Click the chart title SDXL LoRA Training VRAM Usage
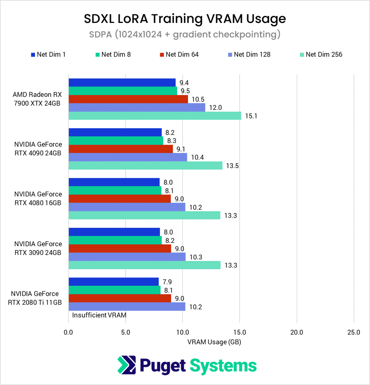point(184,18)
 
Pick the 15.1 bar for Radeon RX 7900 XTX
point(155,116)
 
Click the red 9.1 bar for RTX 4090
point(120,149)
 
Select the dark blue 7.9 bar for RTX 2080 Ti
point(114,282)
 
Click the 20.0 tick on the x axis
point(297,332)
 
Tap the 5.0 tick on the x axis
point(126,332)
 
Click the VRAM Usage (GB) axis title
point(214,342)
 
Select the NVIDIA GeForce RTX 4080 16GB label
point(38,199)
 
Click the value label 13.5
point(230,165)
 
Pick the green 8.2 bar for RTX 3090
point(115,240)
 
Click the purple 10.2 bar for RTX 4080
point(127,207)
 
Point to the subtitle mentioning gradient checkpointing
point(184,35)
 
